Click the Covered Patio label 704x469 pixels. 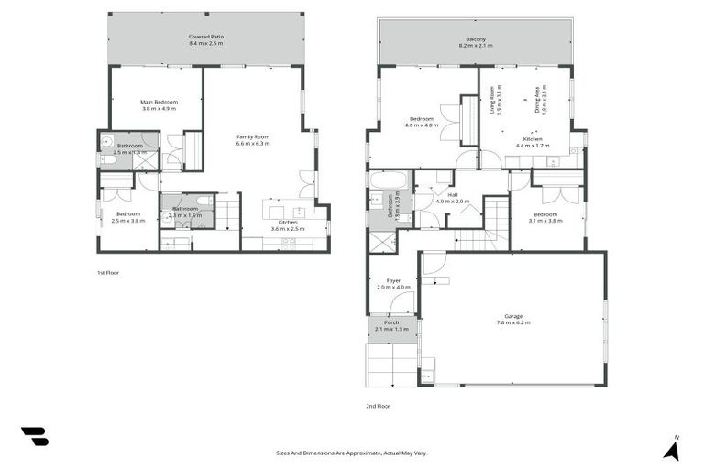tap(206, 37)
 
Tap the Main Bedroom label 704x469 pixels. tap(158, 101)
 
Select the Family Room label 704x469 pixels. tap(253, 136)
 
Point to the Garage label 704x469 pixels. tap(513, 316)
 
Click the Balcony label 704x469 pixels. tap(475, 39)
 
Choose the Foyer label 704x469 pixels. tap(393, 280)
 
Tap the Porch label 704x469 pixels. tap(391, 322)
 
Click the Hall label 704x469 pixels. tap(452, 194)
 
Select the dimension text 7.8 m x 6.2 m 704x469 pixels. tap(513, 322)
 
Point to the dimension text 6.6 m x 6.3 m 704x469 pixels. tap(253, 143)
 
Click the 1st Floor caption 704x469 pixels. tap(108, 272)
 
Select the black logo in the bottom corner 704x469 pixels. tap(35, 437)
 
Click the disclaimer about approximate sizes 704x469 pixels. tap(352, 453)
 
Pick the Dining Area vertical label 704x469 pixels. tap(538, 97)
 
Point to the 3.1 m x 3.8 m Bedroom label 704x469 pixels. tap(544, 214)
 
